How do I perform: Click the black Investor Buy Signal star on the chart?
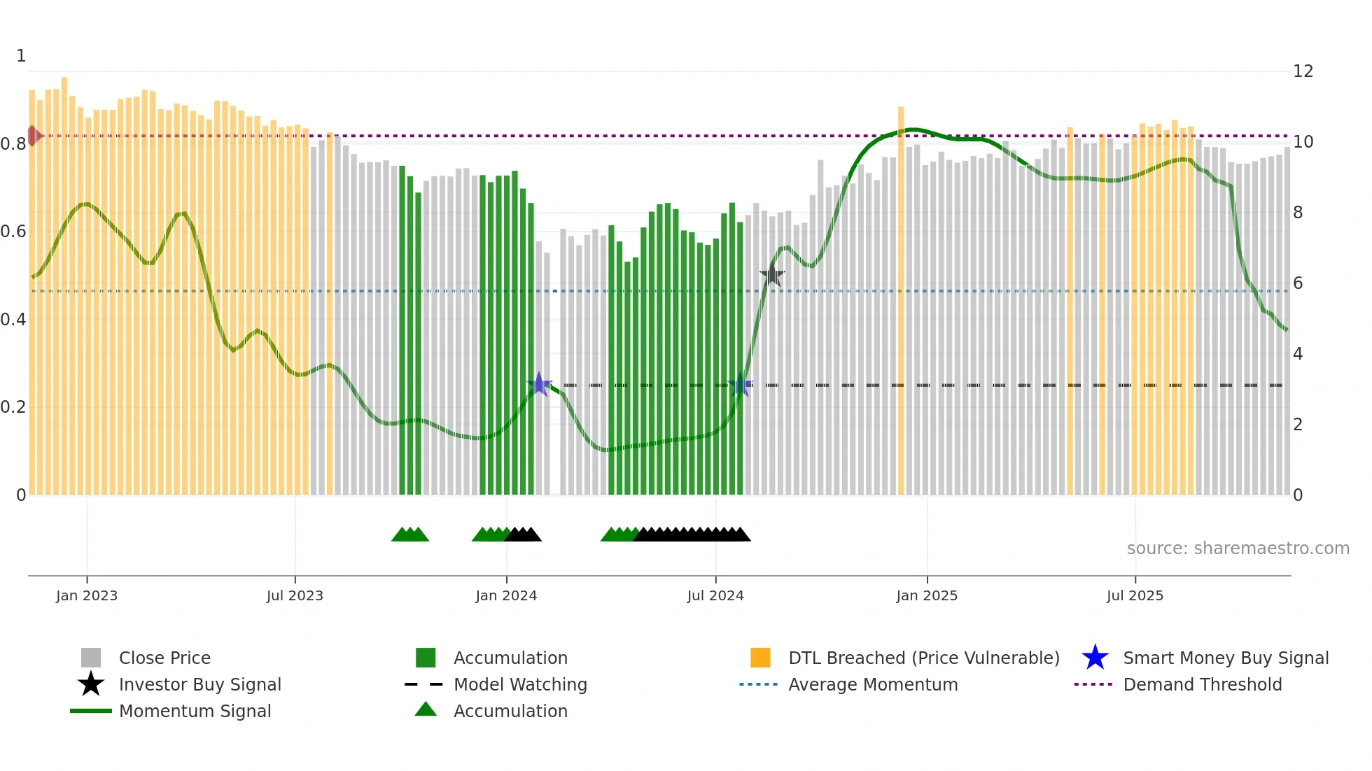click(x=772, y=275)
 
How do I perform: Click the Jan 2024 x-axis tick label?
click(x=506, y=595)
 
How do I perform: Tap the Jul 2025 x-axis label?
click(x=1135, y=595)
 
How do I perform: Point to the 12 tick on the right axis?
click(x=1303, y=71)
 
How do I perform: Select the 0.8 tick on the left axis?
click(x=13, y=144)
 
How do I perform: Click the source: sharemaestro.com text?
click(x=1238, y=549)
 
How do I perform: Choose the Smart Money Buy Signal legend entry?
click(x=1225, y=658)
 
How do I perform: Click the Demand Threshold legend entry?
click(x=1202, y=684)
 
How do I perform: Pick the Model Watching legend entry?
click(x=519, y=684)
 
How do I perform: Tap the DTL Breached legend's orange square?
click(x=760, y=658)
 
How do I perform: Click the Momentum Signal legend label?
click(x=195, y=711)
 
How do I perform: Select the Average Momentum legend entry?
click(x=872, y=684)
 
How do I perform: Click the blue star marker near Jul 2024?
click(x=740, y=385)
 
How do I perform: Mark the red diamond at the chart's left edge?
click(x=33, y=136)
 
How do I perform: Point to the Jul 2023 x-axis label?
click(x=295, y=595)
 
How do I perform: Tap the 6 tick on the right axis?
click(x=1298, y=283)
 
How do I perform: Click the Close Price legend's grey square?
click(x=91, y=658)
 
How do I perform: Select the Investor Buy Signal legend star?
click(x=91, y=684)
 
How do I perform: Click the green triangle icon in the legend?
click(x=426, y=709)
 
